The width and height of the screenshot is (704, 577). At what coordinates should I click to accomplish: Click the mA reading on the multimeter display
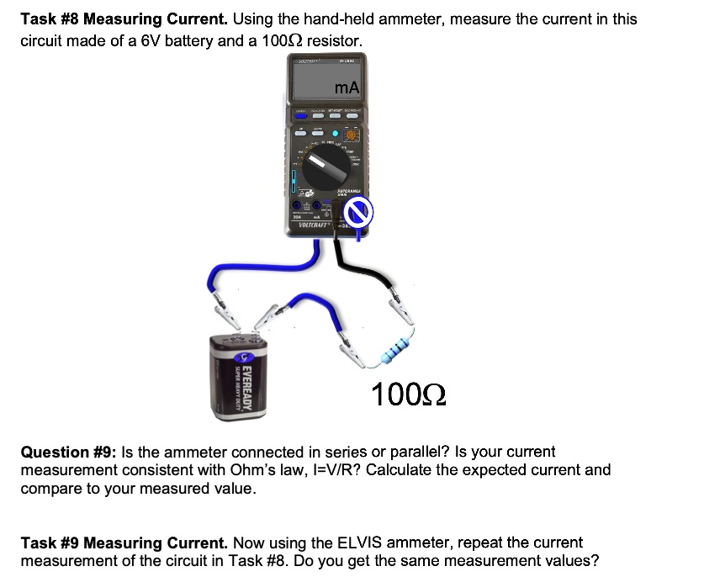[346, 87]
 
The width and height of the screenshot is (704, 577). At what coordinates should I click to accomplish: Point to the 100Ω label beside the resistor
[408, 392]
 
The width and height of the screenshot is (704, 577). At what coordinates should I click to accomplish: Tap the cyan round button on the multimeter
[337, 133]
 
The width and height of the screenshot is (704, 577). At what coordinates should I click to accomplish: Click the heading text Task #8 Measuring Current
[124, 19]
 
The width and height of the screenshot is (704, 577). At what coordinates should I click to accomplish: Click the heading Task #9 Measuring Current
[124, 543]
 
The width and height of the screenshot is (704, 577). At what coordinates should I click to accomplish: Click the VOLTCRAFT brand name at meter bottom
[314, 225]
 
